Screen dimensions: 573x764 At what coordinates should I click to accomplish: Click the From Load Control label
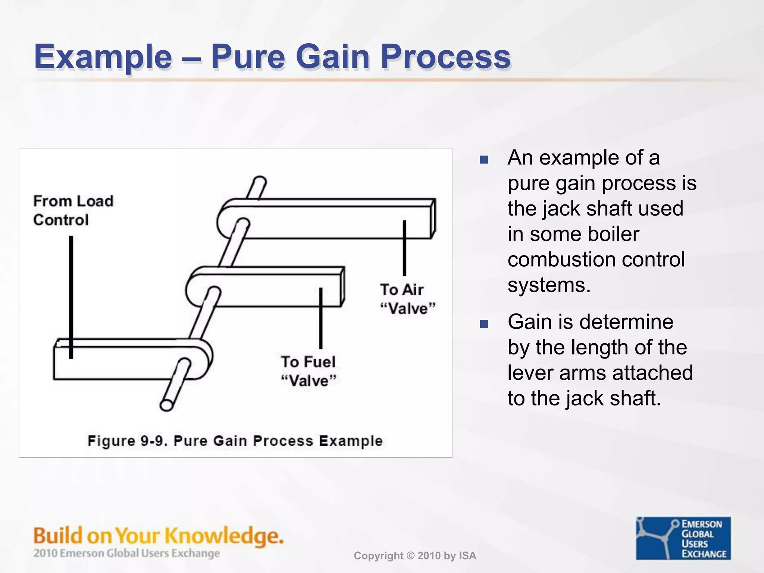[x=73, y=210]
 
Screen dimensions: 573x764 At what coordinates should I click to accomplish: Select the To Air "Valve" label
[x=407, y=299]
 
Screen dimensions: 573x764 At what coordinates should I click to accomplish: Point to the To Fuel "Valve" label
[x=309, y=371]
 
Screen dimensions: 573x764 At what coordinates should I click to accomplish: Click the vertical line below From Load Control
[x=71, y=297]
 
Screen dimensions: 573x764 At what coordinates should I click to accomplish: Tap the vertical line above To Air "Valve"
[x=404, y=248]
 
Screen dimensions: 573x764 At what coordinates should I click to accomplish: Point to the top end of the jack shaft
[x=260, y=181]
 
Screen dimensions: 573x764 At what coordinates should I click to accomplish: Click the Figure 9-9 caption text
[x=235, y=441]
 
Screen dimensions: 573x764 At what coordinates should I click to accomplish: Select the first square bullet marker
[x=484, y=160]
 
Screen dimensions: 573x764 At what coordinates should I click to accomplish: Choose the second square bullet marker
[x=484, y=324]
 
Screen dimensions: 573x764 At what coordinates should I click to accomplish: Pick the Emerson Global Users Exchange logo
[x=683, y=538]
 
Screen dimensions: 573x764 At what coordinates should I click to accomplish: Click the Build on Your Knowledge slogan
[x=159, y=536]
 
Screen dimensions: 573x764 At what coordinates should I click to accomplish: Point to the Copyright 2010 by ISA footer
[x=415, y=556]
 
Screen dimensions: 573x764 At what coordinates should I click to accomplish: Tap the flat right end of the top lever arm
[x=433, y=219]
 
